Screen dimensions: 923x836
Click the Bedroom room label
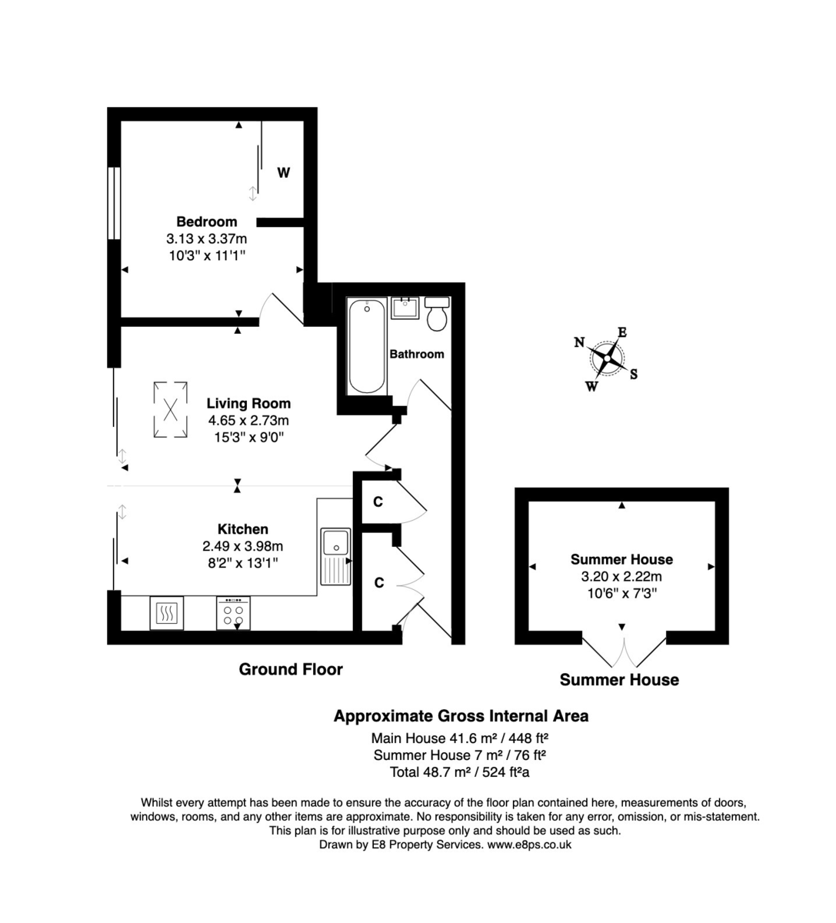(206, 222)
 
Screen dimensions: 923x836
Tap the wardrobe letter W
(284, 173)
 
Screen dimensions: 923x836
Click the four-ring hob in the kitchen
(233, 613)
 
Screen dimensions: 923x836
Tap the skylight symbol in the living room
(171, 411)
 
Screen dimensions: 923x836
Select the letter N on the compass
(579, 343)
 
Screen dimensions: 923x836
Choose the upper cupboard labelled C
(378, 502)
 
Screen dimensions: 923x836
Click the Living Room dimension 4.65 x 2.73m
(248, 421)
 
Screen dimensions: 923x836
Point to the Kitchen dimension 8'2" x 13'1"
(242, 563)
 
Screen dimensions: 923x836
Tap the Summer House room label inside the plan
(621, 559)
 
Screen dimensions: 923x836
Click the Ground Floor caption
(291, 669)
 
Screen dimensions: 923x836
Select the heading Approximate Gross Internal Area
(461, 716)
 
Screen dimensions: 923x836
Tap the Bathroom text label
(417, 355)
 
